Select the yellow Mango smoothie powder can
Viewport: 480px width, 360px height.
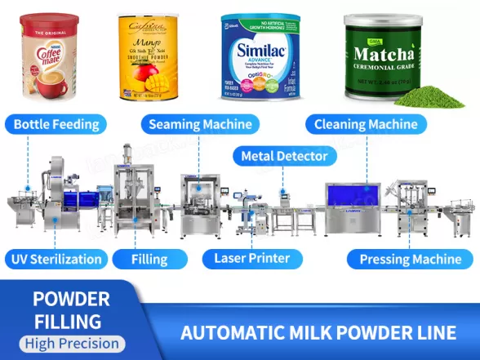(148, 56)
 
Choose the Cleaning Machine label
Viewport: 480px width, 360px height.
(367, 125)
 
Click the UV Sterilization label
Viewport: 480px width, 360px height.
(57, 260)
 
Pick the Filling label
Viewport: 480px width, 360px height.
(150, 260)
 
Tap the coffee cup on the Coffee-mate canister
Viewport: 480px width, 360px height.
(41, 78)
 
